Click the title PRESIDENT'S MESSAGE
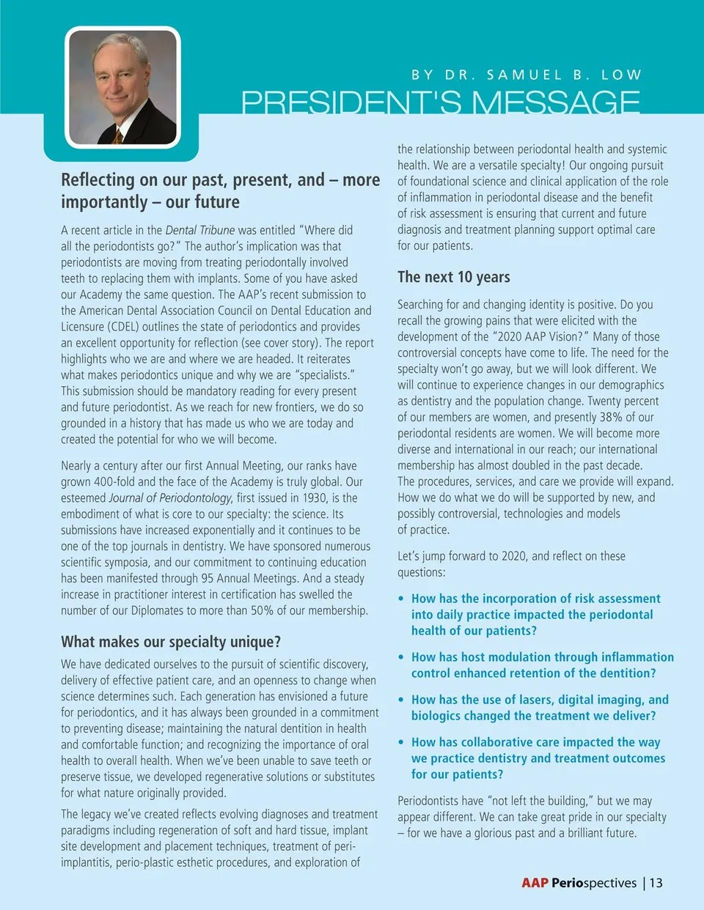click(441, 102)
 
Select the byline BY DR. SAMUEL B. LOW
click(526, 75)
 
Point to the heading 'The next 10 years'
click(453, 277)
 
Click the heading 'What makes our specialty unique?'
click(171, 642)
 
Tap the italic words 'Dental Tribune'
click(200, 230)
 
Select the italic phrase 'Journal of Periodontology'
click(170, 498)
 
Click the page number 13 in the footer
click(656, 883)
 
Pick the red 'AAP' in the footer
click(535, 883)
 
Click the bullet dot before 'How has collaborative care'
click(401, 742)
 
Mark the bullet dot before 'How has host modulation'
click(401, 657)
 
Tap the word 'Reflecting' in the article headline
click(98, 180)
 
